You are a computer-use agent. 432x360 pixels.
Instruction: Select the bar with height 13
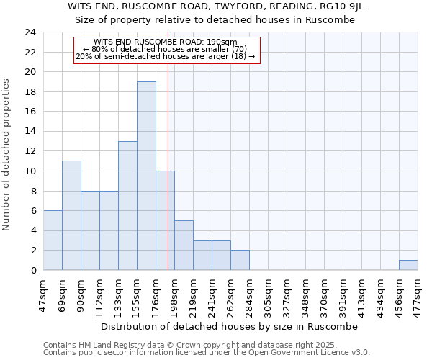(127, 205)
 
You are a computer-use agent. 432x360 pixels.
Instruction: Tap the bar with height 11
(71, 215)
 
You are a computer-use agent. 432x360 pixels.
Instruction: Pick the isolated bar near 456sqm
(408, 265)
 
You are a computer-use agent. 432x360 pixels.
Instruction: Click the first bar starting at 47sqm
(53, 240)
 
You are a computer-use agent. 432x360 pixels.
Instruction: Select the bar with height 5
(184, 245)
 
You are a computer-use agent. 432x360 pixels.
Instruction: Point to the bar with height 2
(240, 260)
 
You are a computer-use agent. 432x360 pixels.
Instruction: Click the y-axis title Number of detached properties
(7, 155)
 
